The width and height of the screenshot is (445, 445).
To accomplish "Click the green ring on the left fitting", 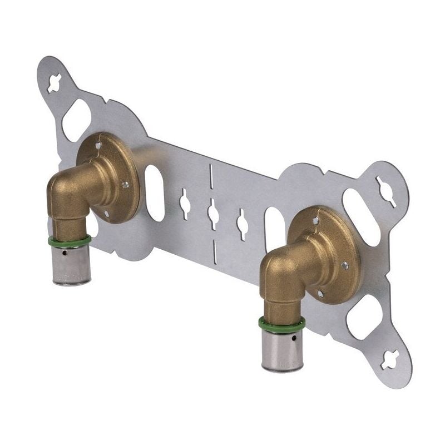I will pyautogui.click(x=70, y=241).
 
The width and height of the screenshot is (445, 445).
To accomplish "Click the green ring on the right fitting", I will pyautogui.click(x=281, y=323).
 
